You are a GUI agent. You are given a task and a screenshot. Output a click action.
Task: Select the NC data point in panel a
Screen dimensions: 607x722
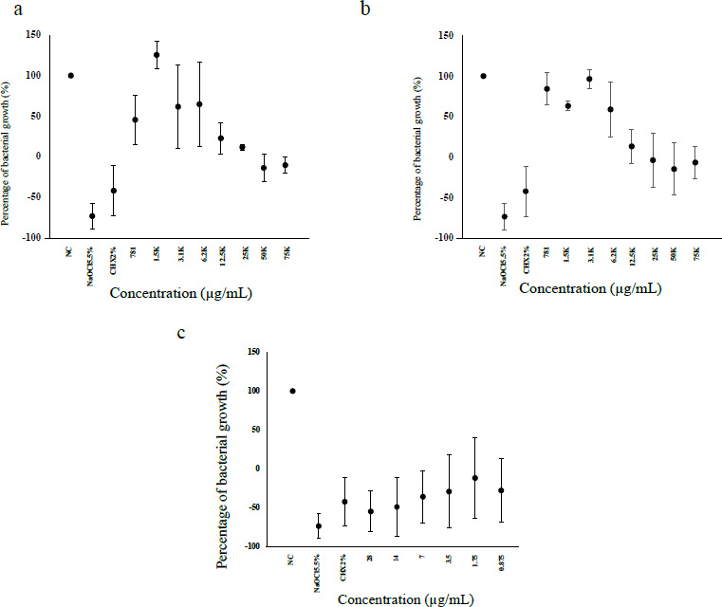click(70, 75)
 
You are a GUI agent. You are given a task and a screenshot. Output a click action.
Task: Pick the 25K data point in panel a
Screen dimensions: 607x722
click(242, 147)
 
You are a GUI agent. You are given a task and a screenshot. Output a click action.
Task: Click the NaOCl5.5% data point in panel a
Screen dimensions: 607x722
click(92, 216)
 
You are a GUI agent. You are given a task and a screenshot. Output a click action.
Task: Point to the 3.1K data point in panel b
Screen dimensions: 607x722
click(589, 79)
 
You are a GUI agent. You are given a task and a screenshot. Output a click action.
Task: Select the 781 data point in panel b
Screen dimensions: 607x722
click(546, 89)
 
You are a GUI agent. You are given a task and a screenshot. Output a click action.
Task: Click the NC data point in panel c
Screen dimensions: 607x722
click(292, 390)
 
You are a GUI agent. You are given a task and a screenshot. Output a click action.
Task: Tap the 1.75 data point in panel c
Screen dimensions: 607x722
click(474, 478)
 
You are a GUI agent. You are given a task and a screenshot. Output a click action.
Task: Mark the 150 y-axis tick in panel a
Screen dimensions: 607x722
click(33, 34)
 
